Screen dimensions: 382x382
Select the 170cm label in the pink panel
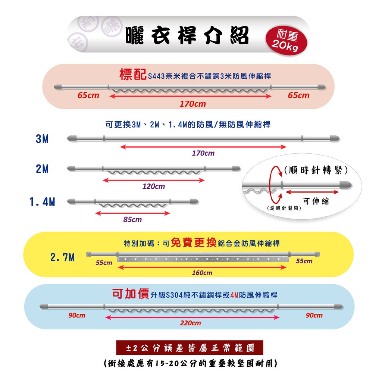[192, 104]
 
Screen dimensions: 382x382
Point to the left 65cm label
[88, 95]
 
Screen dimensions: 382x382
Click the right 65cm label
[298, 95]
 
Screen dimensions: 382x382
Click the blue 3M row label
[42, 139]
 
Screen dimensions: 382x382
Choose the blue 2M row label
[42, 169]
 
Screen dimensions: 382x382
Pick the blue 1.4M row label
[42, 202]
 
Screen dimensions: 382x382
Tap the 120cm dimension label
[153, 187]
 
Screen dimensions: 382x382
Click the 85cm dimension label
[132, 219]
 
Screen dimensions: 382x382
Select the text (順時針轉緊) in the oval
[315, 170]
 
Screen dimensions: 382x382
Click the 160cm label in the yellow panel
[202, 273]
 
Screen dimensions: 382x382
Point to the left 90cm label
[76, 315]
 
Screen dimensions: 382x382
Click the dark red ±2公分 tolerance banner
[190, 348]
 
